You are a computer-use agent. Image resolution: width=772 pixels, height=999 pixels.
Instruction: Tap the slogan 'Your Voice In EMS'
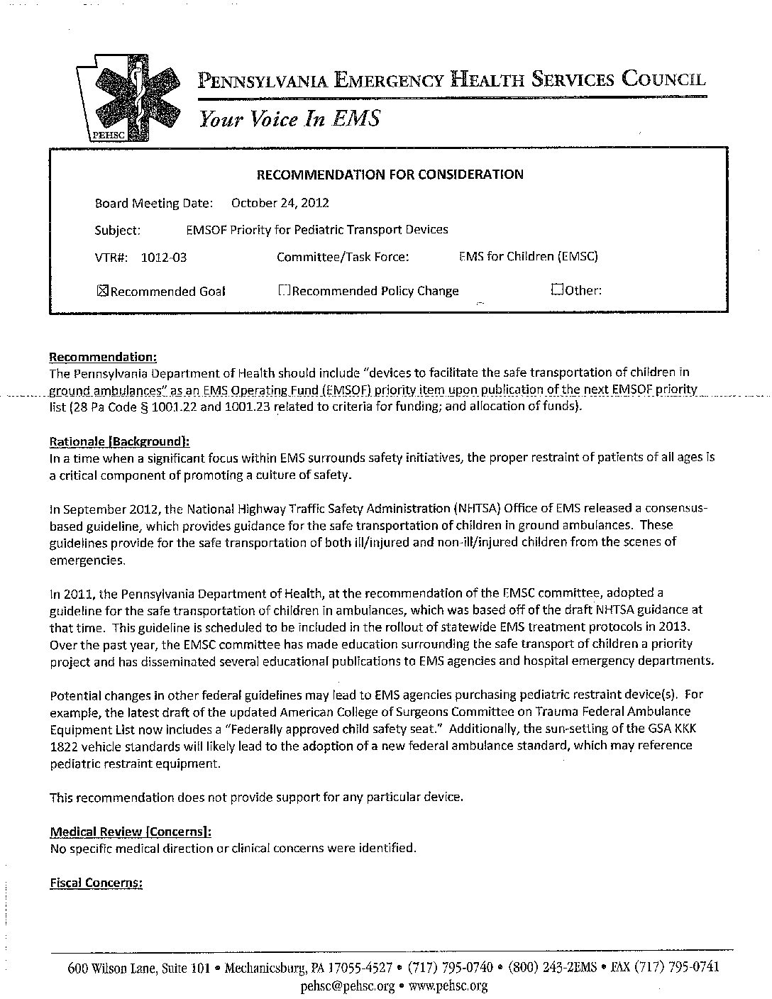click(289, 118)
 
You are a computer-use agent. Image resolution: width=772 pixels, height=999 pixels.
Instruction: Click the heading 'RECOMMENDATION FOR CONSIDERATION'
click(390, 174)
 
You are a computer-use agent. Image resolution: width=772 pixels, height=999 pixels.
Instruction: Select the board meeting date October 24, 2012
click(280, 203)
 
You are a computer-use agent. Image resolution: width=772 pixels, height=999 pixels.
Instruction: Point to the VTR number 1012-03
click(164, 258)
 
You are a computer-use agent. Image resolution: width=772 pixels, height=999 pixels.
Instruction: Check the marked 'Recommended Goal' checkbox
click(101, 291)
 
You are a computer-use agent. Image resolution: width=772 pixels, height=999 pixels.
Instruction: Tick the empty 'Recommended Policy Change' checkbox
click(284, 290)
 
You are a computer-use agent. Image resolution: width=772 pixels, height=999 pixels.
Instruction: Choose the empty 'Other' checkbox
click(557, 289)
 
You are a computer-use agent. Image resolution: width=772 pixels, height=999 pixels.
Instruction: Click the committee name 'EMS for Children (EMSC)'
click(529, 256)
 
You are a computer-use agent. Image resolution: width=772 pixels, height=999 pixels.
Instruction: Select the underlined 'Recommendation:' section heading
click(103, 356)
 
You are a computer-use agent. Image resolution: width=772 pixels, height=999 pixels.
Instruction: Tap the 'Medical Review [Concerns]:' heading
click(131, 832)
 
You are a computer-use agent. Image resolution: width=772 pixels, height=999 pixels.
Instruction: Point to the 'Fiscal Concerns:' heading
click(96, 883)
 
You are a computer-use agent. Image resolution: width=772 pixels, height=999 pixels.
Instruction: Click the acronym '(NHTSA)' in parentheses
click(475, 508)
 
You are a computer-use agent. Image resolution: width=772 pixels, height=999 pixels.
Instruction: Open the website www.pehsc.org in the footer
click(448, 986)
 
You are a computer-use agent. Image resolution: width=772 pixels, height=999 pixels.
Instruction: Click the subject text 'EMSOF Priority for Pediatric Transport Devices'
click(316, 230)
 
